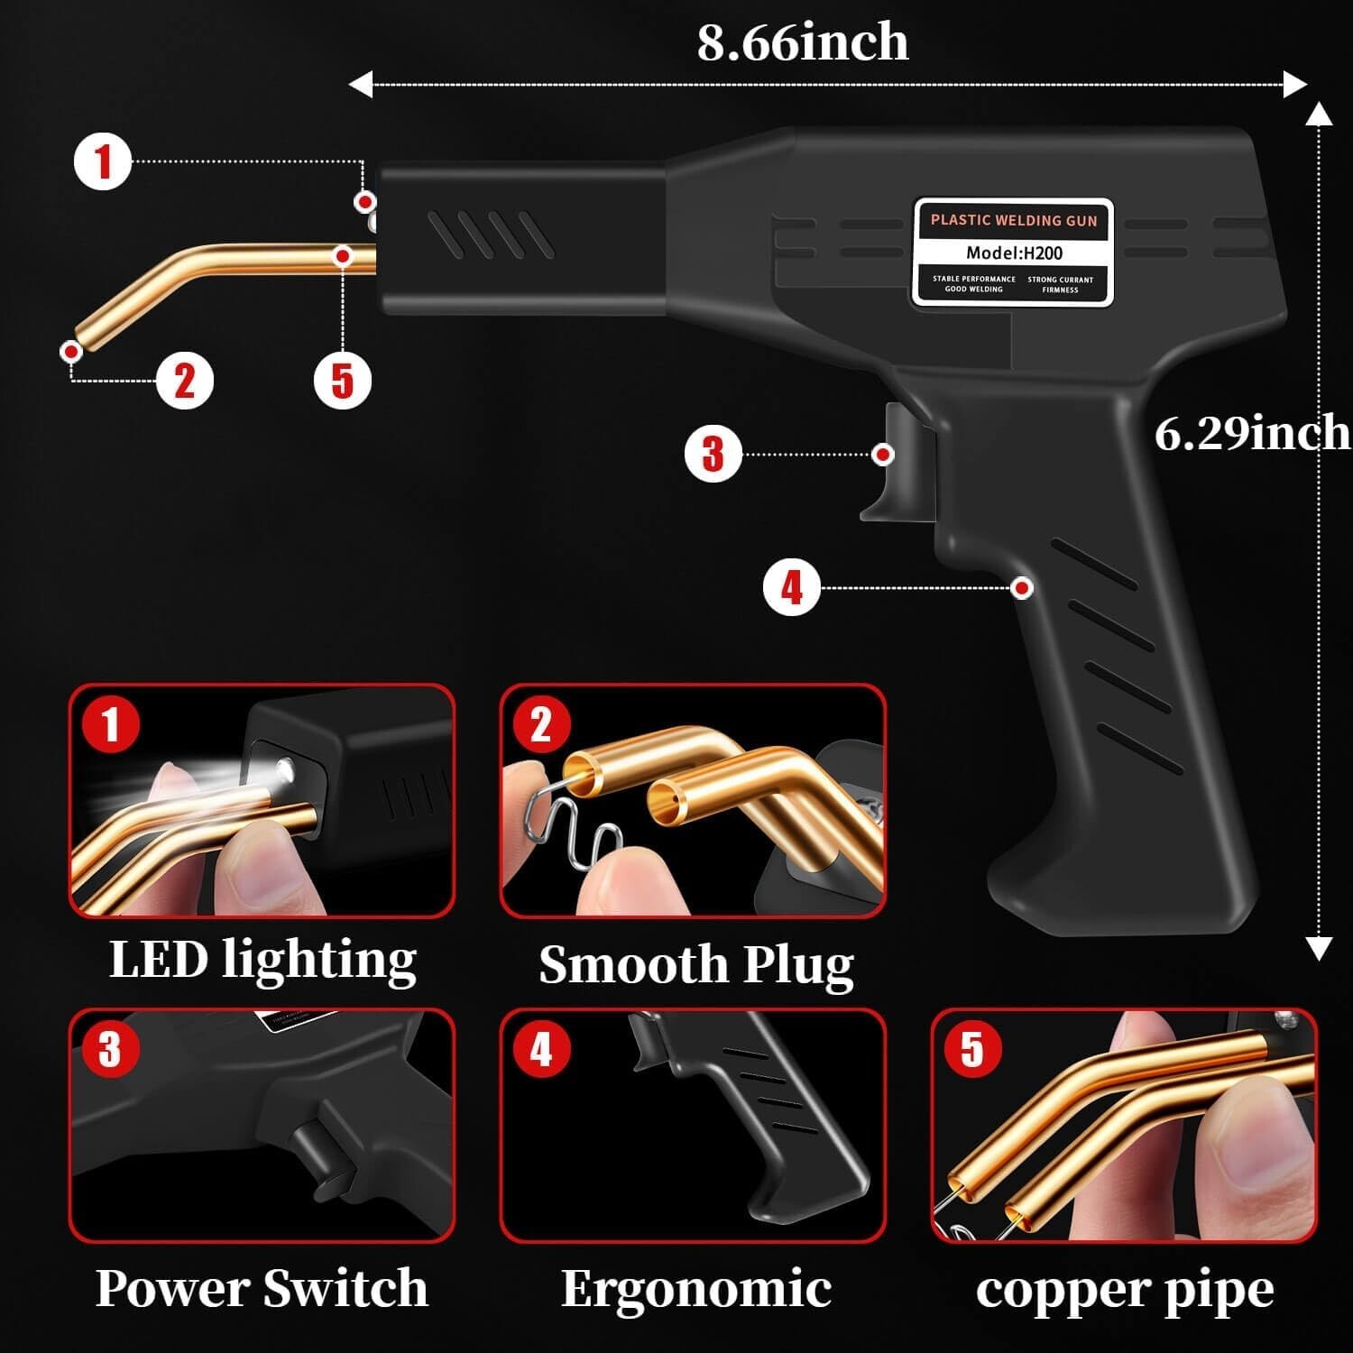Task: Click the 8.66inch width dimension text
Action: (x=802, y=42)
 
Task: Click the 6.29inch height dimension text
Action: (x=1252, y=433)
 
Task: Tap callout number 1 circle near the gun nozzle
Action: (x=103, y=161)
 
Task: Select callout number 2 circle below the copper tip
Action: (x=184, y=380)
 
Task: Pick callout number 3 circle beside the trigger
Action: (x=713, y=454)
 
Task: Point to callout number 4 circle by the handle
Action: (x=791, y=588)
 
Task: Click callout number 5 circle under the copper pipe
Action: (x=342, y=380)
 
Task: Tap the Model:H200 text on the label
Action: (x=1014, y=253)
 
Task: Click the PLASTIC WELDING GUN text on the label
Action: (x=1014, y=220)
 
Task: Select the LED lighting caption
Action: (x=262, y=960)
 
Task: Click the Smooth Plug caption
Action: (x=695, y=964)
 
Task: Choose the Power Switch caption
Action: (x=262, y=1288)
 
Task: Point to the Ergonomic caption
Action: (x=695, y=1288)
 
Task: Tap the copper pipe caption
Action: (x=1124, y=1290)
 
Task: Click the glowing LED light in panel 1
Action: (x=284, y=769)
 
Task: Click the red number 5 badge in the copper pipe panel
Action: (x=971, y=1050)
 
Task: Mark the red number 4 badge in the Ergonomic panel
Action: (x=540, y=1050)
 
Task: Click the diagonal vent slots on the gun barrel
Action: (x=490, y=235)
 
